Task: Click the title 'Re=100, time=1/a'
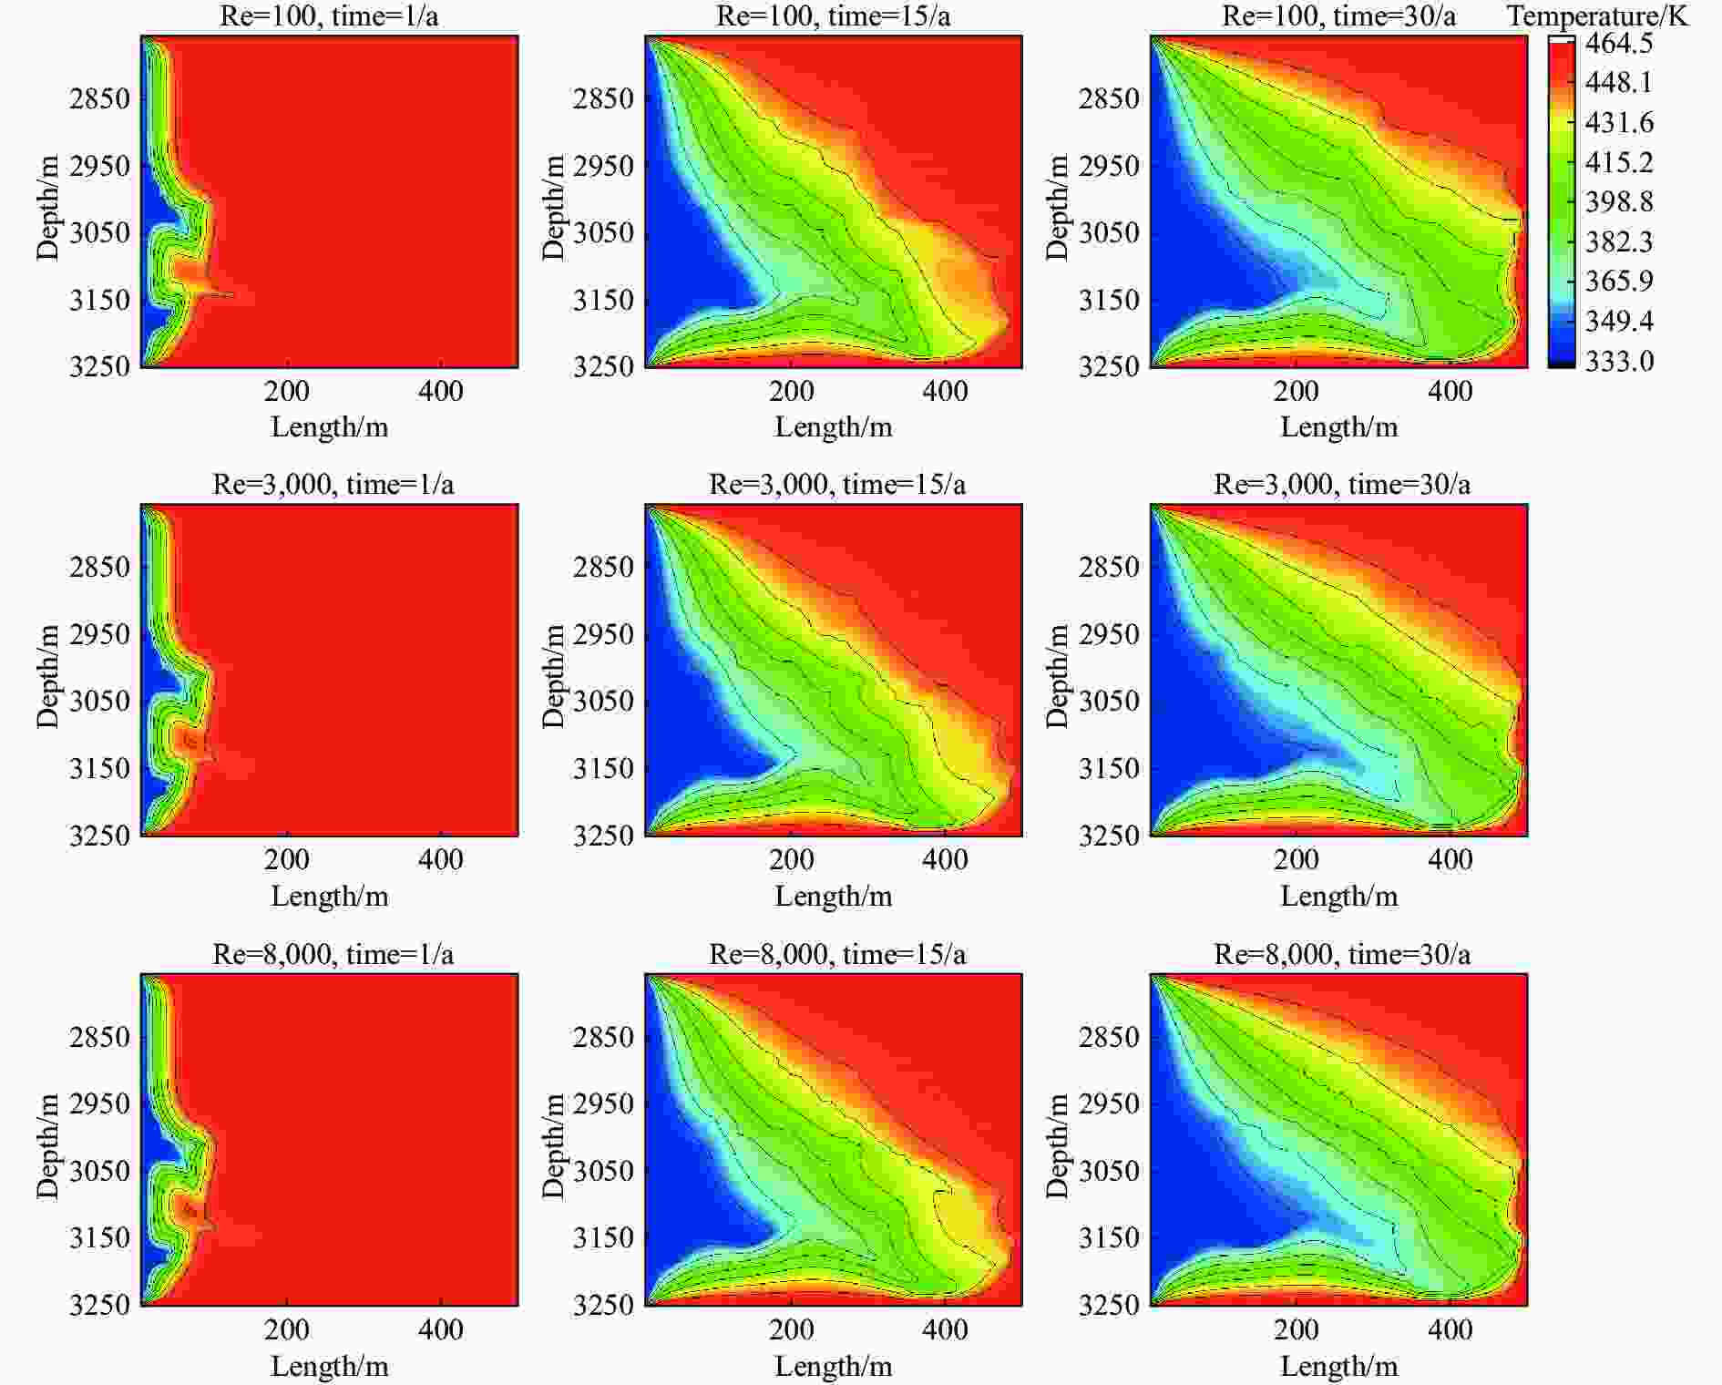[x=329, y=15]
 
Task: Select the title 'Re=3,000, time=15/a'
[x=837, y=484]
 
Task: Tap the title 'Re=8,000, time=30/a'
[x=1342, y=954]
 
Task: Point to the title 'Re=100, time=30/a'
[x=1338, y=15]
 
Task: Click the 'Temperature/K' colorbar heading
[x=1597, y=15]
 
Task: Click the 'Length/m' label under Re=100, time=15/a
[x=834, y=426]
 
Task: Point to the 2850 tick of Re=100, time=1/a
[x=99, y=98]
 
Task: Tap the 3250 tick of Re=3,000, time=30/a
[x=1109, y=835]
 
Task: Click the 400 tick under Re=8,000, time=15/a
[x=945, y=1329]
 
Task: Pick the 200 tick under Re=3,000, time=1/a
[x=287, y=859]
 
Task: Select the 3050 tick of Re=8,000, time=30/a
[x=1109, y=1171]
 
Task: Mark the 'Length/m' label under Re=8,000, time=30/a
[x=1338, y=1366]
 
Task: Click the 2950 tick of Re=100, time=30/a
[x=1109, y=166]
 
